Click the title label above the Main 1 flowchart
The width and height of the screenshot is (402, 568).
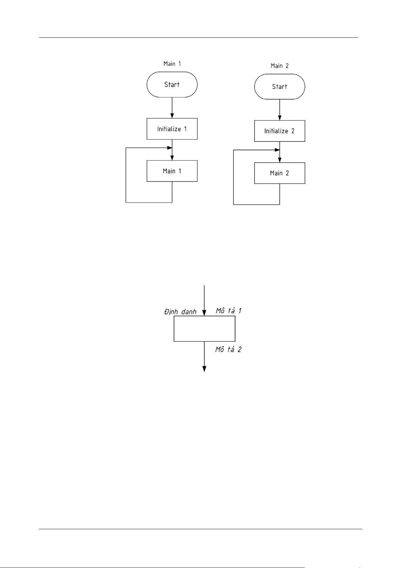172,63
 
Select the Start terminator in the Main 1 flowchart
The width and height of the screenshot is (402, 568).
172,84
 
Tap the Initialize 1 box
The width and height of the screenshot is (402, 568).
172,129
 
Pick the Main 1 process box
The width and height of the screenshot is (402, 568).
172,171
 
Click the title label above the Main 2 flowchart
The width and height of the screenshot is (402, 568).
280,66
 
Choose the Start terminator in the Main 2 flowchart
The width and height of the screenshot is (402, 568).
280,87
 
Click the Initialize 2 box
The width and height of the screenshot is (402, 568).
280,131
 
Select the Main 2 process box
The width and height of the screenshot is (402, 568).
280,173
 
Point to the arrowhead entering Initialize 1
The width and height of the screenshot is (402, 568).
172,116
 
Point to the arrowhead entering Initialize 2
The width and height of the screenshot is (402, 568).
280,118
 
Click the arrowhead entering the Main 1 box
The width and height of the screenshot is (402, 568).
172,158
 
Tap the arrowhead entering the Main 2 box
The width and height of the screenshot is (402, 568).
280,160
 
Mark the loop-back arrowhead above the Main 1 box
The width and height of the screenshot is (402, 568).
170,148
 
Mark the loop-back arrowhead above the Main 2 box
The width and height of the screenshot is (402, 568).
277,150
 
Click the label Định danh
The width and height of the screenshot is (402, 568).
180,312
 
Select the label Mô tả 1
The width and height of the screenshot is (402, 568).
228,311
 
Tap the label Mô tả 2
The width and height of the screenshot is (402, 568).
228,349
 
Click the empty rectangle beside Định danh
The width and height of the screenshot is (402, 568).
204,329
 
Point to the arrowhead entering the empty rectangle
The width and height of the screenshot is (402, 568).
204,313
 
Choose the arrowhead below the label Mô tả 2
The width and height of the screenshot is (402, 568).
204,369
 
